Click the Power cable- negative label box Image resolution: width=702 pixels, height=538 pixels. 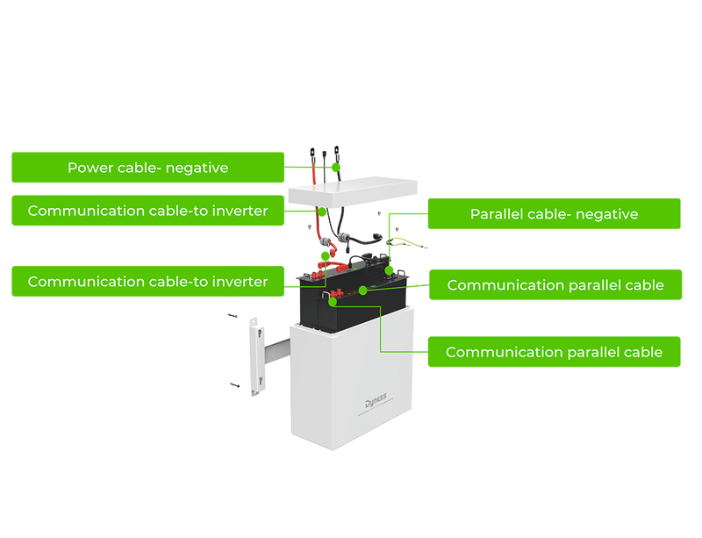tap(147, 167)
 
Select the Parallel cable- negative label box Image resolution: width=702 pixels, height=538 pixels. tap(554, 213)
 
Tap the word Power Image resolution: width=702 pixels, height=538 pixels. tap(90, 167)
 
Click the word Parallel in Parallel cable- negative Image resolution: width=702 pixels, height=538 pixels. tap(498, 213)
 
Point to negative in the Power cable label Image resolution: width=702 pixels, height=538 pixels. tap(197, 167)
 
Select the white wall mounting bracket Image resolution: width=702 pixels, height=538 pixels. tap(256, 359)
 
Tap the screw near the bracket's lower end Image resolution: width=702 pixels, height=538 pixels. tap(236, 385)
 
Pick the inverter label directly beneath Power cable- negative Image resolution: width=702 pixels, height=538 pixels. tap(147, 211)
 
